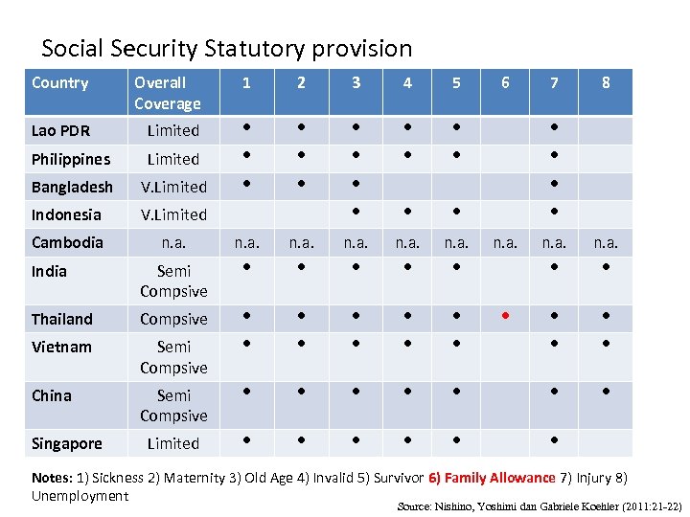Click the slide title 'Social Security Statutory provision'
(226, 48)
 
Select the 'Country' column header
(59, 83)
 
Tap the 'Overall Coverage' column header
(168, 93)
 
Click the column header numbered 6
(505, 83)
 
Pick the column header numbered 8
(606, 83)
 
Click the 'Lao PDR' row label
(61, 131)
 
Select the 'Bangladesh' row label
(72, 187)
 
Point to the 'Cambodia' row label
(67, 242)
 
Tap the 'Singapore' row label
(66, 443)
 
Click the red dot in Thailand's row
(505, 314)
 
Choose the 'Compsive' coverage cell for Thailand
(173, 319)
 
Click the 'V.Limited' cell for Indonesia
(173, 214)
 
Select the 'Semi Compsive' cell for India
(173, 281)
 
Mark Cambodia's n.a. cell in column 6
(505, 244)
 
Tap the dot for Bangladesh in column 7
(554, 182)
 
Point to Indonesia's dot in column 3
(356, 210)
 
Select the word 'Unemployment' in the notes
(80, 496)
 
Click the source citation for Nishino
(539, 505)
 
